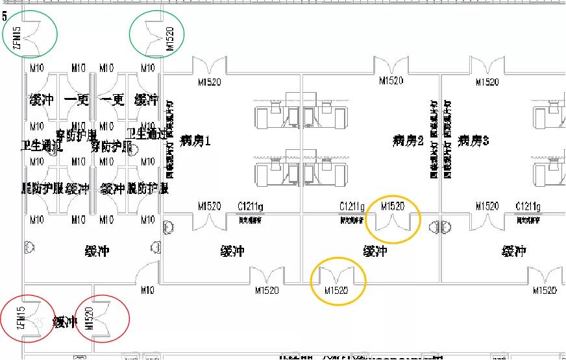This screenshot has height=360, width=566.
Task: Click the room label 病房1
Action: click(x=195, y=139)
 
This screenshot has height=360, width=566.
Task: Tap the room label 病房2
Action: click(x=408, y=140)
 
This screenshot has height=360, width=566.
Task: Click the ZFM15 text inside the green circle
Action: click(x=18, y=36)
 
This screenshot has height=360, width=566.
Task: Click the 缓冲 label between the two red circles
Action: click(x=65, y=322)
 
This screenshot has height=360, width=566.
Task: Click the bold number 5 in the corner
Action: click(x=5, y=16)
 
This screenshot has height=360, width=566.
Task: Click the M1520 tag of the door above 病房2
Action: click(x=391, y=81)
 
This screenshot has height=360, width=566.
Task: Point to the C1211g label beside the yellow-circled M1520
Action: click(x=352, y=206)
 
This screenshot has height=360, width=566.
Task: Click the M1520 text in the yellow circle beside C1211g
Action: click(x=393, y=206)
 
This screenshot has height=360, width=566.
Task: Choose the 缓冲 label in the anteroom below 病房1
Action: click(x=232, y=251)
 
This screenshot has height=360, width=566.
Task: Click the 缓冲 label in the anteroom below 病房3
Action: click(x=515, y=251)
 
